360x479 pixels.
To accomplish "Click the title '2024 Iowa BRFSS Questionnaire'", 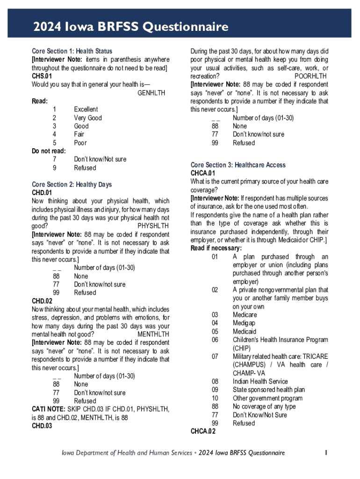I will click(x=130, y=27).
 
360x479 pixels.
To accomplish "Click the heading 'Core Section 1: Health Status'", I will click(x=72, y=51).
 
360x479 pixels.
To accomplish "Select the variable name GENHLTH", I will click(x=151, y=93).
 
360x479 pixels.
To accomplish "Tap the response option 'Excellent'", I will click(x=86, y=109).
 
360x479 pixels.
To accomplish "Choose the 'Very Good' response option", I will click(x=88, y=118).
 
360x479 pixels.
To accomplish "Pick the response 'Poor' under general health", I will click(x=80, y=143).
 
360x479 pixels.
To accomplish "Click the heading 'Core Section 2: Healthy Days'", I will click(x=72, y=184).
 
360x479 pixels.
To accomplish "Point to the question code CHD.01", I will click(x=42, y=193).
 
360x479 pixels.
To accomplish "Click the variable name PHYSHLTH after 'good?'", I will click(x=153, y=226).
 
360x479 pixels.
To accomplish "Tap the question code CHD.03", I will click(x=42, y=426).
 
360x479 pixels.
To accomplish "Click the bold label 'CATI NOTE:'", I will click(x=45, y=409).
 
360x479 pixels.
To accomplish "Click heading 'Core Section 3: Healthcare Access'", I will click(x=238, y=165).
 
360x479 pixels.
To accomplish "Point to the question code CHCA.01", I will click(x=202, y=174).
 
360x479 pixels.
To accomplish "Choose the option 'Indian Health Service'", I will click(x=260, y=381).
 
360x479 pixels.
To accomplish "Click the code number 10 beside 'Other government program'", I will click(x=215, y=398).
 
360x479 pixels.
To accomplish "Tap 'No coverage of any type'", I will click(x=264, y=406).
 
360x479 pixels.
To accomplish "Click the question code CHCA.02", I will click(x=203, y=431).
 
